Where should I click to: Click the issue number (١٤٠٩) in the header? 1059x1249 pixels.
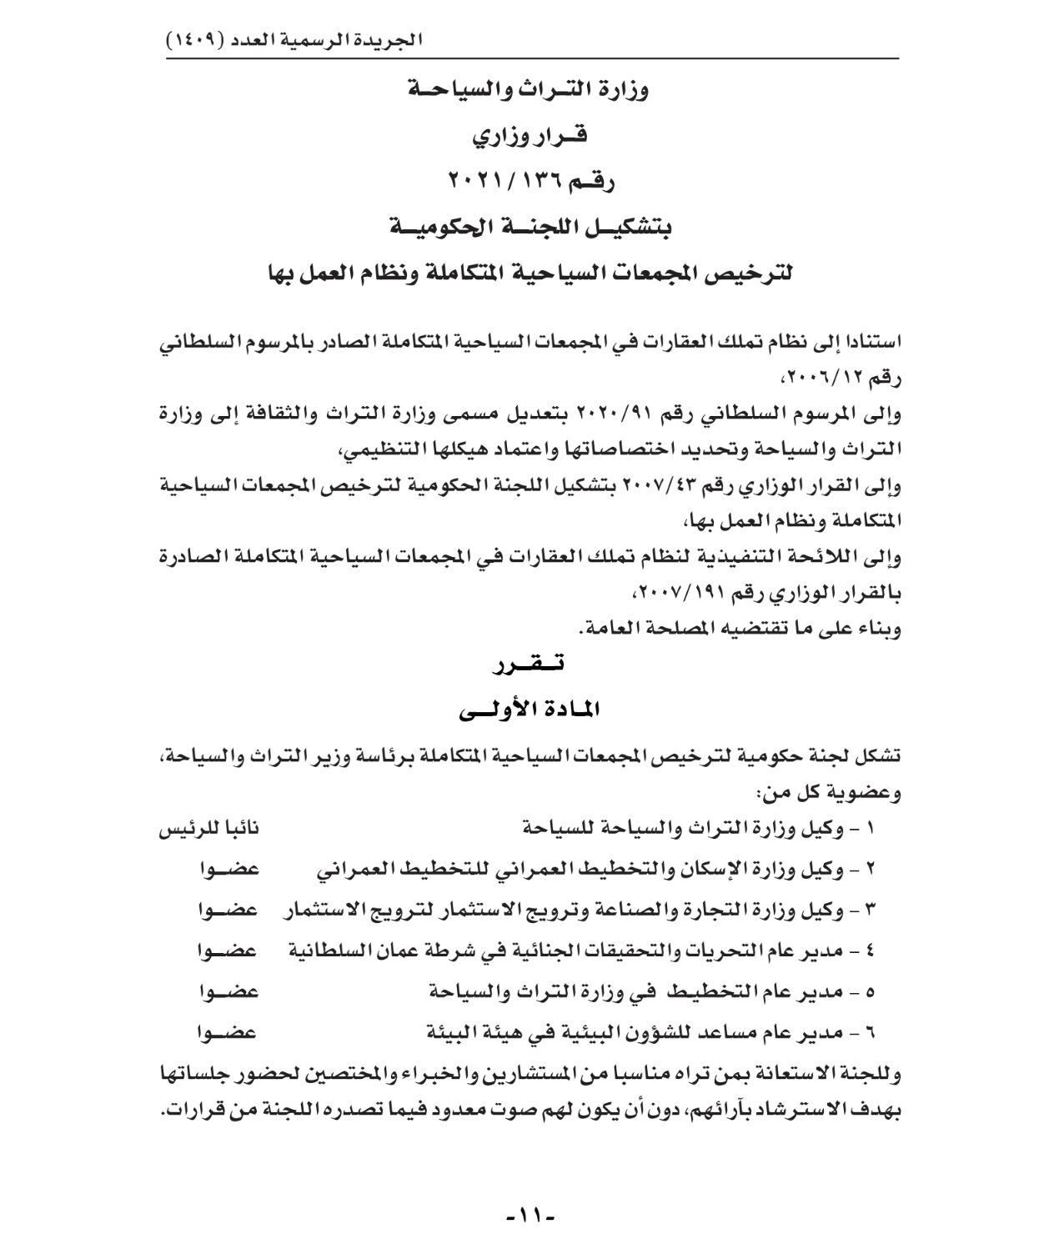[x=195, y=40]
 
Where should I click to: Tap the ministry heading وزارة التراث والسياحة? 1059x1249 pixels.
[x=529, y=89]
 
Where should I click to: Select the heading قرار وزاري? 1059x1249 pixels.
[x=530, y=135]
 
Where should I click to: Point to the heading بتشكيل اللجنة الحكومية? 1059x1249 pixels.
[x=530, y=226]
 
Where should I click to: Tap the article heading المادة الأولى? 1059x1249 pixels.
[x=530, y=710]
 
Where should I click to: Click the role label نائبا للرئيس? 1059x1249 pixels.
[x=209, y=828]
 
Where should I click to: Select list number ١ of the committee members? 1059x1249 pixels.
[x=872, y=828]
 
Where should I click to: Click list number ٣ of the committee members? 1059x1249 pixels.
[x=872, y=910]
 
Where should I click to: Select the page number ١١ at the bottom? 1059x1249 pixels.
[x=530, y=1214]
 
